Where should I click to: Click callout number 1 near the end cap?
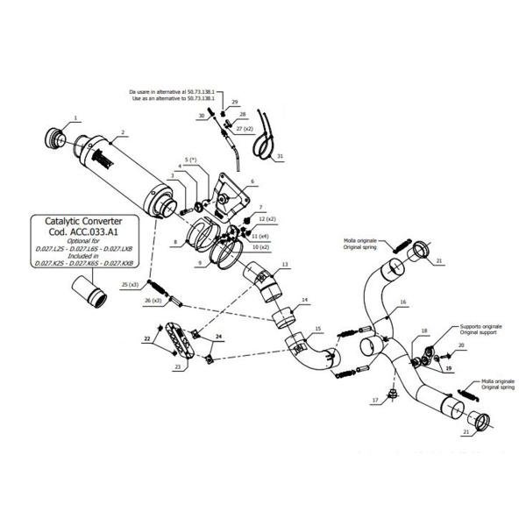(x=75, y=117)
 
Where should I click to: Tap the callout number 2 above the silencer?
(x=124, y=133)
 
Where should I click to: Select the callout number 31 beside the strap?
(x=280, y=158)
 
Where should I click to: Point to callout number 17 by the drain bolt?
(x=374, y=400)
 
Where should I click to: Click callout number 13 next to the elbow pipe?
(x=285, y=264)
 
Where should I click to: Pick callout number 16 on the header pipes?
(x=403, y=302)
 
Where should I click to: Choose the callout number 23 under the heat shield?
(x=178, y=367)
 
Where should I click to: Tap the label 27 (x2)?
(x=243, y=129)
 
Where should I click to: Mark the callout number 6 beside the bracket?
(x=252, y=181)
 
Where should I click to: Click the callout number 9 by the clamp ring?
(x=200, y=262)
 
